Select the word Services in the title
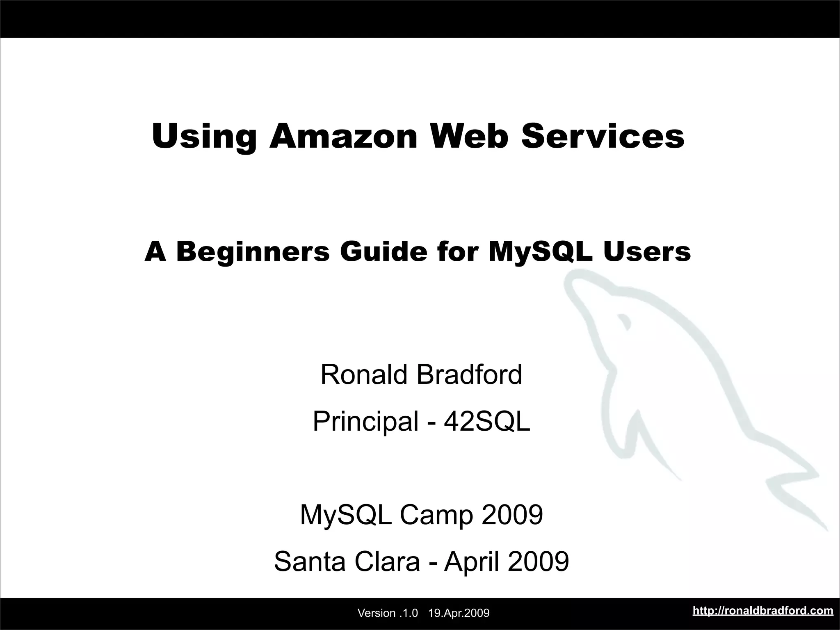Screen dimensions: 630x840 (603, 136)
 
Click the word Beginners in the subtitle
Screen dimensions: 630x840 (253, 252)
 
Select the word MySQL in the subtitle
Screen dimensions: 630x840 (541, 252)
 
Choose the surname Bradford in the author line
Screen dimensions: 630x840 (470, 374)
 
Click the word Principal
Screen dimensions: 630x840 (365, 422)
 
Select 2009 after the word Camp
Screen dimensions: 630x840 (512, 515)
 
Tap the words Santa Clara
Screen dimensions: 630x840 (347, 562)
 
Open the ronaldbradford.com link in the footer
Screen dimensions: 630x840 (763, 611)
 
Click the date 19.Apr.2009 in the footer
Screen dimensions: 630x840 (459, 614)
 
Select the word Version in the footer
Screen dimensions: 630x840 (377, 614)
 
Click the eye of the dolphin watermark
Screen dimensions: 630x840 (624, 321)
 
